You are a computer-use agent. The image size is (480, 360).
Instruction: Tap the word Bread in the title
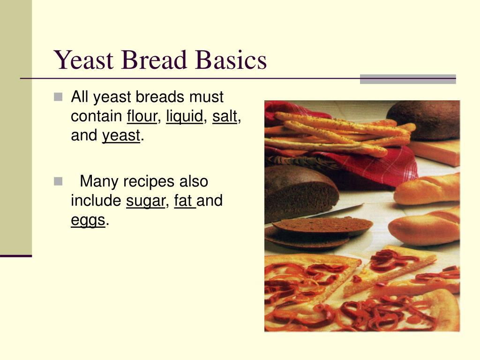155,60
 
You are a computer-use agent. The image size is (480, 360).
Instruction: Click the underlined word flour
142,116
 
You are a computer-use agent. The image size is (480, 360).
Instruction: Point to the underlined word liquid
185,116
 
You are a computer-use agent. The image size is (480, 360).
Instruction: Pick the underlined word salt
225,116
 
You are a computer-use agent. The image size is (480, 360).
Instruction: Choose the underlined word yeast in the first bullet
121,135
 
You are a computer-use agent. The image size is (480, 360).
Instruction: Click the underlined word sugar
146,201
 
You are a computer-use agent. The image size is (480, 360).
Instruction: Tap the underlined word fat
184,201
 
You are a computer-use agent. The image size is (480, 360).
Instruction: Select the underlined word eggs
88,220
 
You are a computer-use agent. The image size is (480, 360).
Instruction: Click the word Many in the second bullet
100,181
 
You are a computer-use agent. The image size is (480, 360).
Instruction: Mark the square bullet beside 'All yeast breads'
58,97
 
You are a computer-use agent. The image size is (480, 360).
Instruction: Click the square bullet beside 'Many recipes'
58,181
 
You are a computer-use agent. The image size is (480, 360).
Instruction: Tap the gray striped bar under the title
407,79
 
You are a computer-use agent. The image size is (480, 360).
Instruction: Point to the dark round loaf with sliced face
300,192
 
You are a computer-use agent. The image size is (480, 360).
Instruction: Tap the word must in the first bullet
206,97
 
